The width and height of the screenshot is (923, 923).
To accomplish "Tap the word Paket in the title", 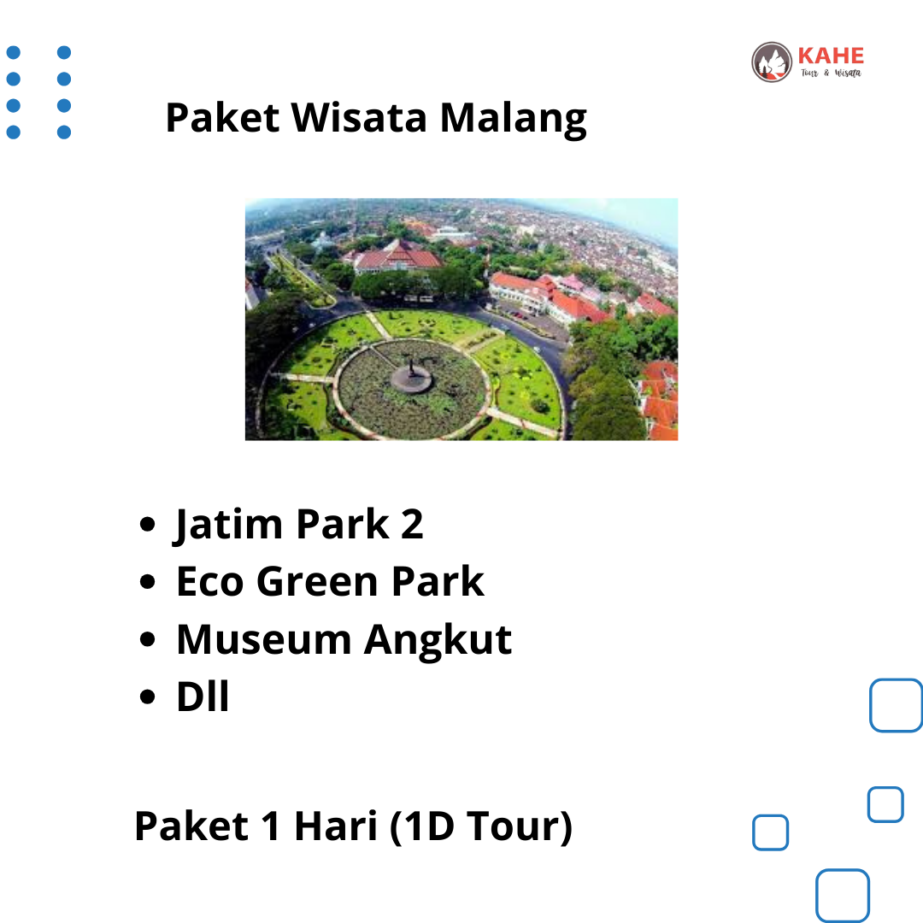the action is pos(222,117).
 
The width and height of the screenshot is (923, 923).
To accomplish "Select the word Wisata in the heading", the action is pos(359,117).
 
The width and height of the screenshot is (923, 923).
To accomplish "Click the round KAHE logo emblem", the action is pos(772,62).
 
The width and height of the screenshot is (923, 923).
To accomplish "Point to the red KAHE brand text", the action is pos(831,56).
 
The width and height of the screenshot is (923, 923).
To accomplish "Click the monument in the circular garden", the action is pos(411,377).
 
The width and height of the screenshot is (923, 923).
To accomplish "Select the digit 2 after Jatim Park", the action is pos(412,524).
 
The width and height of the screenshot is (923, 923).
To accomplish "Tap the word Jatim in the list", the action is pos(228,525).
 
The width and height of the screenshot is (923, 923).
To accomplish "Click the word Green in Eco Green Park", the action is pos(317,582).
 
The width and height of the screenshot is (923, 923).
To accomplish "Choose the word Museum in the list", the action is pos(264,639).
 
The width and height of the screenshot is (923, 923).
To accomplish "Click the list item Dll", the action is pos(203,697).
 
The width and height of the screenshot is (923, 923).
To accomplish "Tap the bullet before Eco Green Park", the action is pos(147,582).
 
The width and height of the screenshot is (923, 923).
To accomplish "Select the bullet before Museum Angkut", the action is pos(147,639).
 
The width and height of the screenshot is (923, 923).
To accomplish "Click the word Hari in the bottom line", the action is pos(336,826).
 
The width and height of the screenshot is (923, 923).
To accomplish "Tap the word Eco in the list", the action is pos(210,582).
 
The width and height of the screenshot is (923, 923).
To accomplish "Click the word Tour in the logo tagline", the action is pos(808,73).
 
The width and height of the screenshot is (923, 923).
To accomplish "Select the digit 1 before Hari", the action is pos(271,826).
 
